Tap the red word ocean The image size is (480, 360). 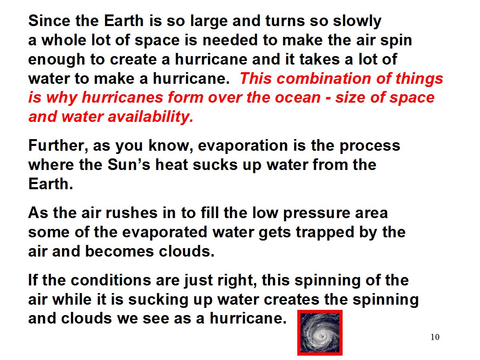(298, 98)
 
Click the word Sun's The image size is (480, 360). (129, 165)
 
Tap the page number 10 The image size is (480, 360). (435, 337)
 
